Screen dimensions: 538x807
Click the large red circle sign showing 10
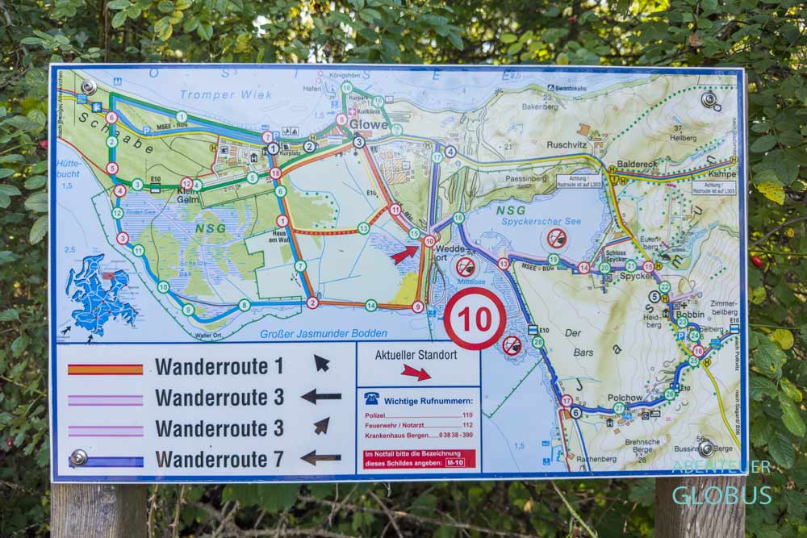(475, 319)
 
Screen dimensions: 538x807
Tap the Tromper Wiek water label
(214, 95)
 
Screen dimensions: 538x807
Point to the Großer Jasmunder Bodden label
(323, 333)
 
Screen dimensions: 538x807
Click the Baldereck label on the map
(637, 165)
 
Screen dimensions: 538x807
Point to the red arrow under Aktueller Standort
(416, 372)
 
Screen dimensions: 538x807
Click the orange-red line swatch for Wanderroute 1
(105, 369)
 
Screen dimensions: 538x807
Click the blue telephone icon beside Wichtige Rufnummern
(371, 398)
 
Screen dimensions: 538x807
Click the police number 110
(467, 415)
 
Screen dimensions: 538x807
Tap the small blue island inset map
(101, 290)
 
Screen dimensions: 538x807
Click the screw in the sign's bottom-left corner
(78, 457)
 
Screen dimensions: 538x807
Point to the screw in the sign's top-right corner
(709, 99)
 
